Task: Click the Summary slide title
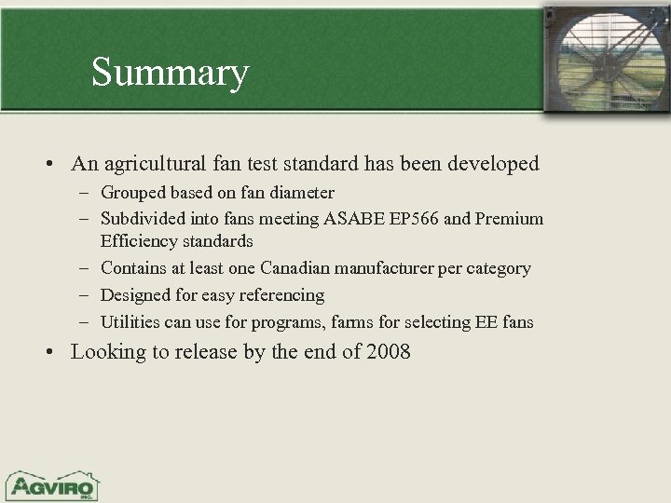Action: coord(170,72)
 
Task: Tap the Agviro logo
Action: coord(52,484)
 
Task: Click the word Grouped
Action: coord(133,193)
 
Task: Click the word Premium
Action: coord(510,219)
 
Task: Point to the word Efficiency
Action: coord(136,240)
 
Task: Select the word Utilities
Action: coord(130,322)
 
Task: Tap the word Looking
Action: coord(104,353)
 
